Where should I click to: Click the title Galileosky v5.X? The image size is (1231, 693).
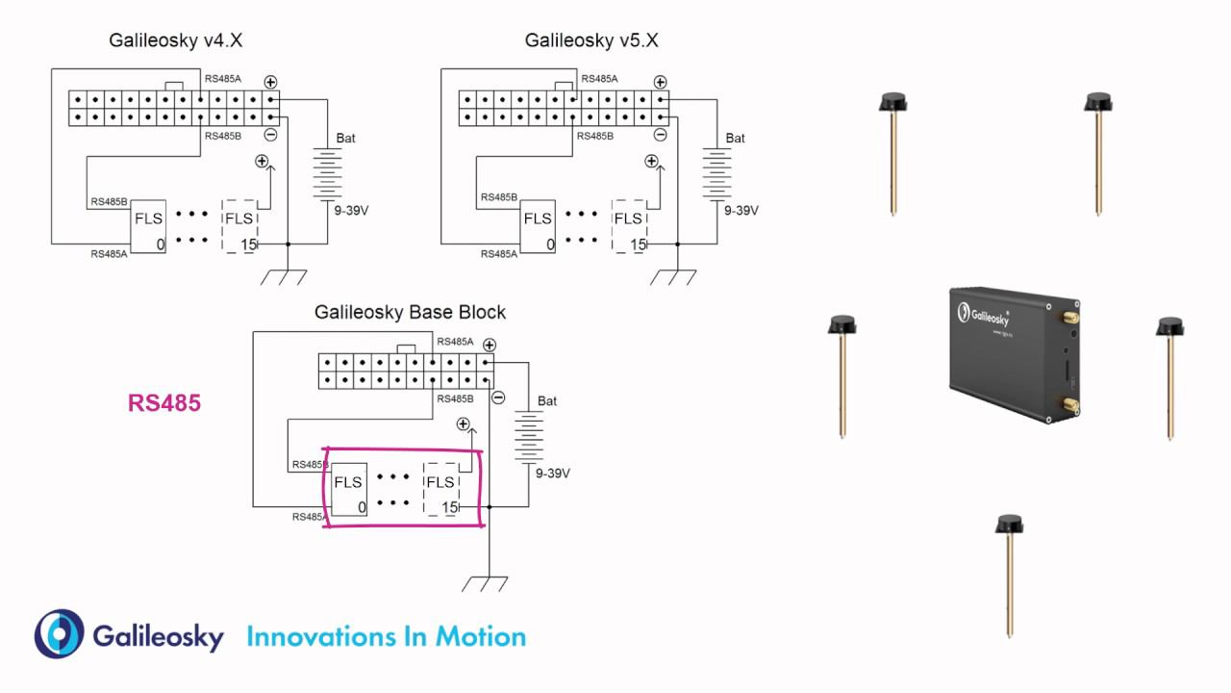click(x=591, y=40)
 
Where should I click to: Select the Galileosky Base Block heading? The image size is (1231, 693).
click(x=410, y=313)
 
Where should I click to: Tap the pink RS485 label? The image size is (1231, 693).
click(x=164, y=403)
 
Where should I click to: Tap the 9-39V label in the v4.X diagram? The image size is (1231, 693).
click(x=351, y=211)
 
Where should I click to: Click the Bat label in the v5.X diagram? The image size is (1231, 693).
click(x=736, y=139)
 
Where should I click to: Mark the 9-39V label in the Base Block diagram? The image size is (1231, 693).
click(x=552, y=474)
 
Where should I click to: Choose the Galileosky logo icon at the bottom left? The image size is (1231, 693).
click(x=60, y=634)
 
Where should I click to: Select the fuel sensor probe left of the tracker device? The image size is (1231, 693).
click(x=842, y=375)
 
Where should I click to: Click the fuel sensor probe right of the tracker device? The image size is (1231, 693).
click(x=1170, y=376)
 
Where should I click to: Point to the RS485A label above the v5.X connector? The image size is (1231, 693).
click(x=601, y=79)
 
